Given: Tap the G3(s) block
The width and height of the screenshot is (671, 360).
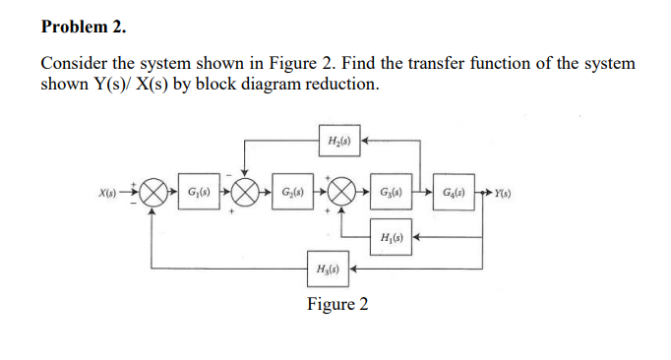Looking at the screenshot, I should (x=391, y=190).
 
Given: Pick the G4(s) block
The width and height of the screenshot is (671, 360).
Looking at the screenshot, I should (x=455, y=190).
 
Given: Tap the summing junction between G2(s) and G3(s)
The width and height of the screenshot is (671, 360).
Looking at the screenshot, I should (x=341, y=191).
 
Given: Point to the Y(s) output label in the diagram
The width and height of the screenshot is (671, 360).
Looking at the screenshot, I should (x=508, y=191).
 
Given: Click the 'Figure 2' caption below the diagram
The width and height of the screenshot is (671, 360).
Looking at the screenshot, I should (x=337, y=303).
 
